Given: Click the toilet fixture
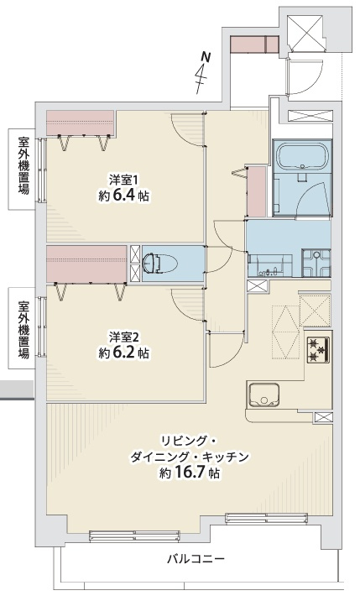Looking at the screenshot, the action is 160,264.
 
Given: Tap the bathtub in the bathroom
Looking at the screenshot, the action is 302,156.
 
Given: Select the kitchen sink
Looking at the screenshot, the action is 263,395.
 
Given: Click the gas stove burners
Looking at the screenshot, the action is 318,349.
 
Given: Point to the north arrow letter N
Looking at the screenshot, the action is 206,57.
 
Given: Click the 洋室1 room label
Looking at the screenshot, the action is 123,180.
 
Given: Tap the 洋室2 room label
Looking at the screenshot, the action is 123,337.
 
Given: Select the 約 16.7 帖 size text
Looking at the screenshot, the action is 190,473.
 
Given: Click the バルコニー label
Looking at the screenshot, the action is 196,559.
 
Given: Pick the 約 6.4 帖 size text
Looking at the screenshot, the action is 124,196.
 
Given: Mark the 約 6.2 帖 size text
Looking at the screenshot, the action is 124,353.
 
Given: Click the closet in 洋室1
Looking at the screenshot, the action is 80,123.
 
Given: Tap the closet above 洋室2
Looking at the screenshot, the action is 86,264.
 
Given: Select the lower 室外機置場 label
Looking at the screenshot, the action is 23,329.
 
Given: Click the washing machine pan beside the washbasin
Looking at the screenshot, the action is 316,263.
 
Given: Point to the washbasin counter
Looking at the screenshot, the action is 270,264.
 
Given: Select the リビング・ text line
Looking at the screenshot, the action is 189,442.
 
